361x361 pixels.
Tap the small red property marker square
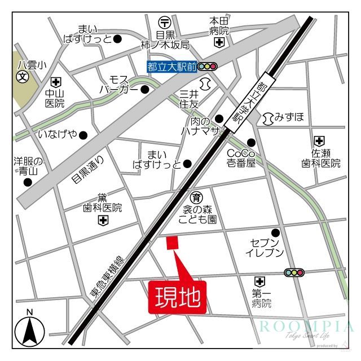[x=172, y=243]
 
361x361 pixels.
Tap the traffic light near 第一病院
[x=294, y=272]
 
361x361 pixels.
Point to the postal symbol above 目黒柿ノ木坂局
[x=165, y=22]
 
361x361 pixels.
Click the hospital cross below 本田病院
[x=218, y=42]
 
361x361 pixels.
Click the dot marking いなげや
[x=83, y=134]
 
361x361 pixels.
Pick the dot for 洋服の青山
[x=26, y=182]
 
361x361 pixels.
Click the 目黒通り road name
[x=88, y=170]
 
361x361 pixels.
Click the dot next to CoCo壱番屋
[x=251, y=142]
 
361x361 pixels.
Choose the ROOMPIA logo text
[x=307, y=327]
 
